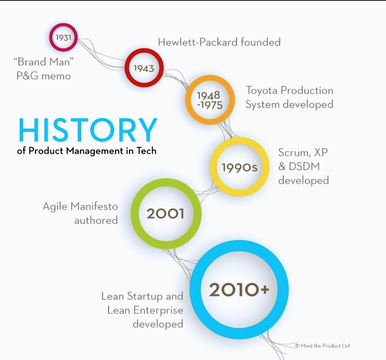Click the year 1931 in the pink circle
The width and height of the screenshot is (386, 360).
pos(63,37)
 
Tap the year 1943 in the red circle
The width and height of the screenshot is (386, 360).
pos(144,68)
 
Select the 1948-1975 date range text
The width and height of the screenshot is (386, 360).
pos(210,100)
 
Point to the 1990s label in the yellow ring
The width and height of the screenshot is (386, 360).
pos(239,167)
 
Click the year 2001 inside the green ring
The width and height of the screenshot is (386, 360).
pos(165,214)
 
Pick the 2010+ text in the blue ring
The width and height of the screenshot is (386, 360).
pos(239,290)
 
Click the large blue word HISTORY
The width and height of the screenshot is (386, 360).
pos(88,130)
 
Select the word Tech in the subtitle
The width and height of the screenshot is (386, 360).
pos(147,151)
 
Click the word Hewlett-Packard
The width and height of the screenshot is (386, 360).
pos(198,42)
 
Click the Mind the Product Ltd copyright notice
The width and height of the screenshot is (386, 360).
pos(322,346)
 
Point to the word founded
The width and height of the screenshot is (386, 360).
pos(261,42)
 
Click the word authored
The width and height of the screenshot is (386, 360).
pos(96,220)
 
